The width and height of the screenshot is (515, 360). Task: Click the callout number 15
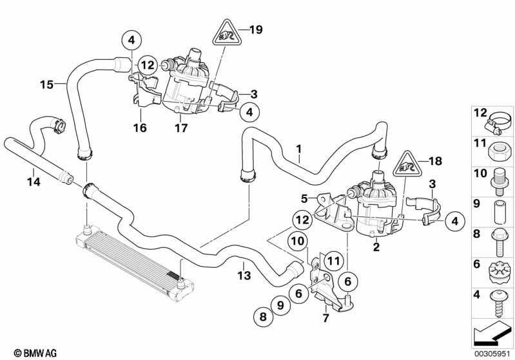46,84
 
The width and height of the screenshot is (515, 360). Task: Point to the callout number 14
34,182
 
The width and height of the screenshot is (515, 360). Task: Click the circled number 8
263,316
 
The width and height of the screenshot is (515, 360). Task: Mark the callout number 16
139,128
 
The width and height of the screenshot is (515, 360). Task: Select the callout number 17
181,128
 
